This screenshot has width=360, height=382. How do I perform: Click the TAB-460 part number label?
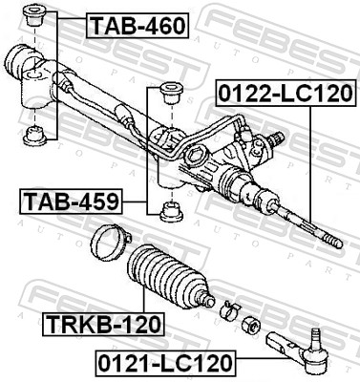point(138,25)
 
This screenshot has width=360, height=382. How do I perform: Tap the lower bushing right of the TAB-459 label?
point(172,210)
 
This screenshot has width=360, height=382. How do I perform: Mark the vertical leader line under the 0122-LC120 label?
point(312,162)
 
